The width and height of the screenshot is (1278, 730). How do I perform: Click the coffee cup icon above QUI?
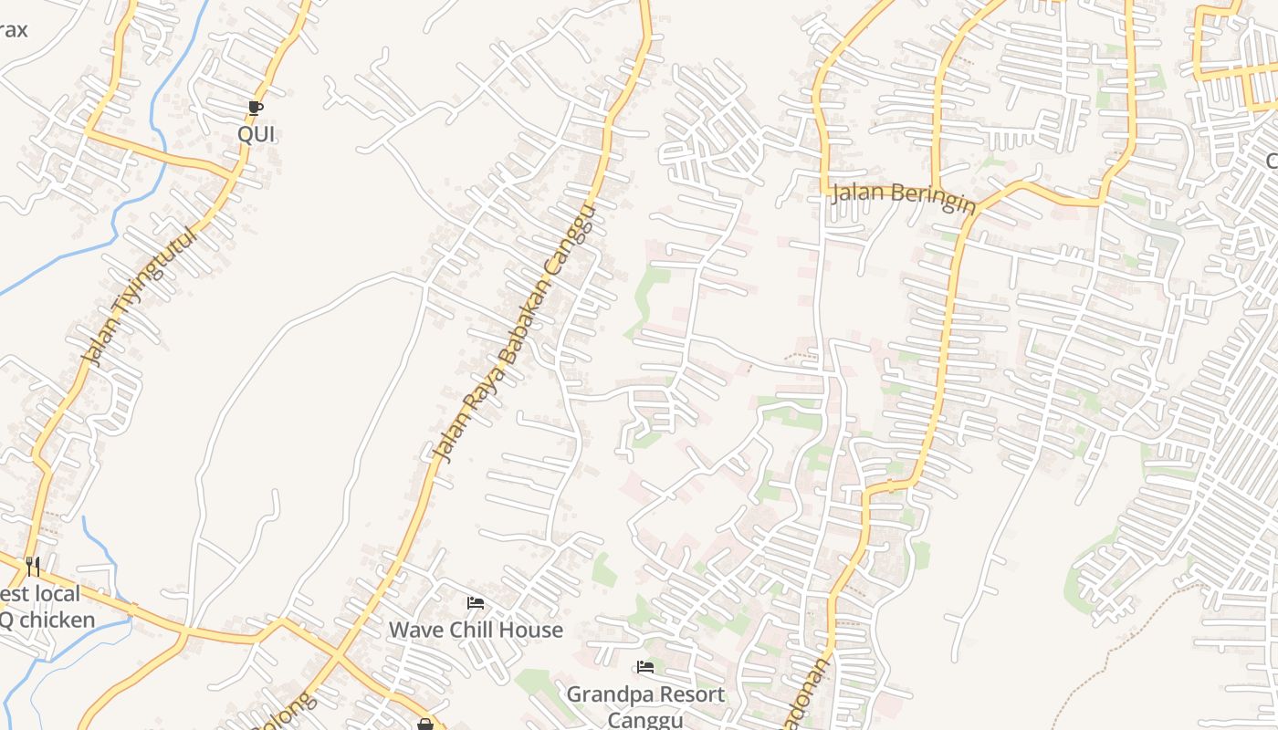[256, 109]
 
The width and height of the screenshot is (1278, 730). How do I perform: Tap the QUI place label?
[256, 134]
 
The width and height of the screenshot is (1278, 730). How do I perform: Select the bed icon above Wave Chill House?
[475, 603]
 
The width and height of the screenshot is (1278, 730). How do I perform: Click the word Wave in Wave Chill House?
[415, 630]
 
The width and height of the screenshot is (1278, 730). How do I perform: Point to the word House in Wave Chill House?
[533, 630]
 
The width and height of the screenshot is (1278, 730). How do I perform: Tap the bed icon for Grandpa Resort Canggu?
[645, 667]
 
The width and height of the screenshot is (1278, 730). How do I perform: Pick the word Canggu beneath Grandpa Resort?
[645, 720]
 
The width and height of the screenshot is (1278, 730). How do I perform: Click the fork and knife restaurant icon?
[33, 567]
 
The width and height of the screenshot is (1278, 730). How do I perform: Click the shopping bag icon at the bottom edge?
[425, 725]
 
